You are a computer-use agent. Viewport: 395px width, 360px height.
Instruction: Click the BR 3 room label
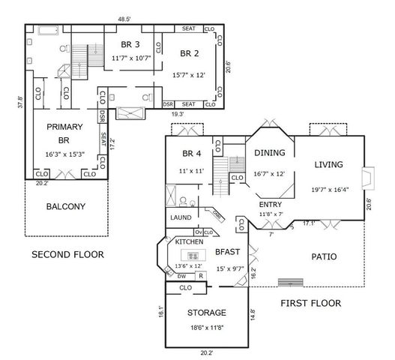(x=121, y=43)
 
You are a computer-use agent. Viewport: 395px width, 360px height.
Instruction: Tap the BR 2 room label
(x=190, y=52)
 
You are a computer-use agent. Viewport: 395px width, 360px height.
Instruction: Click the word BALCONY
(x=65, y=206)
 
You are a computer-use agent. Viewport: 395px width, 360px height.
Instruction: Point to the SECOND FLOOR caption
(x=67, y=255)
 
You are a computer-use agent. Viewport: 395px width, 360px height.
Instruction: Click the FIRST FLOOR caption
(x=310, y=304)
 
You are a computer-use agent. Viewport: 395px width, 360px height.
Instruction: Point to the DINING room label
(x=271, y=153)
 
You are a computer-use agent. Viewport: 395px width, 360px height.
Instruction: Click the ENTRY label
(x=271, y=204)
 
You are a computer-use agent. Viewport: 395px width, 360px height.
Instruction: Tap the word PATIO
(x=324, y=256)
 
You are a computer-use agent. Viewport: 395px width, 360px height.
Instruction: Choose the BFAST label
(x=228, y=253)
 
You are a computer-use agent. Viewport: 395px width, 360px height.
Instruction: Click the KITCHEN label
(x=190, y=242)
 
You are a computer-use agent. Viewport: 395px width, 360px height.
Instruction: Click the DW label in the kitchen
(x=181, y=276)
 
